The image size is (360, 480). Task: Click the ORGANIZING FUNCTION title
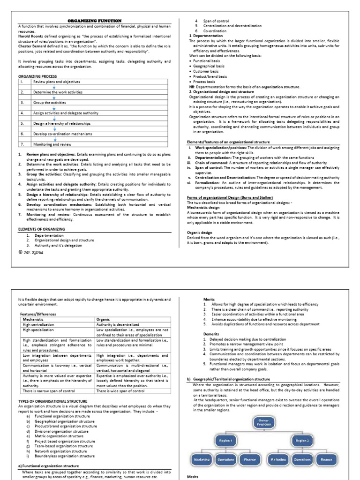95,21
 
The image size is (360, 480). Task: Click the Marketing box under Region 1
201,460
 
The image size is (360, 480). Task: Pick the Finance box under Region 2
326,460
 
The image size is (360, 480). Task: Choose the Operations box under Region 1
225,460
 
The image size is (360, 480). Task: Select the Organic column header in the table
104,319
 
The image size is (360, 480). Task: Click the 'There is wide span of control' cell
120,391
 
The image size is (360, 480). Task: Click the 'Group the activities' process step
49,102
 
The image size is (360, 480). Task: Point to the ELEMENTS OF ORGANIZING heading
41,229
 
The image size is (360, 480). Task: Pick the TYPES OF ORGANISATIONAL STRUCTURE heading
52,401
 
